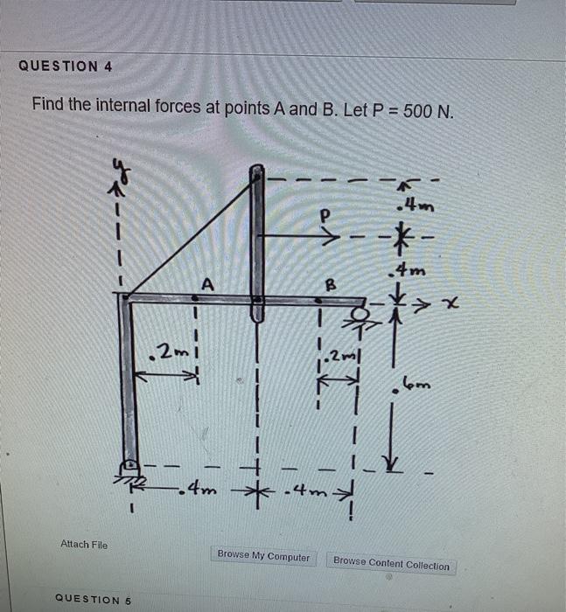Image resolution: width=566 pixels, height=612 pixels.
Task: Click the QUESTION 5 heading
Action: coord(92,599)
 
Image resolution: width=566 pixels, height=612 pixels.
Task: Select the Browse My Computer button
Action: coord(263,556)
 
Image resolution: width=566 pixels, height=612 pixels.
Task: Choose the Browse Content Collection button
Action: coord(391,564)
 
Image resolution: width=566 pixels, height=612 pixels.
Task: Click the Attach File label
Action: coord(84,544)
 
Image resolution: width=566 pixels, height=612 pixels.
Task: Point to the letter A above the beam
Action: coord(206,282)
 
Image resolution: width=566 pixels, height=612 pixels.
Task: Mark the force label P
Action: coord(326,212)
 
